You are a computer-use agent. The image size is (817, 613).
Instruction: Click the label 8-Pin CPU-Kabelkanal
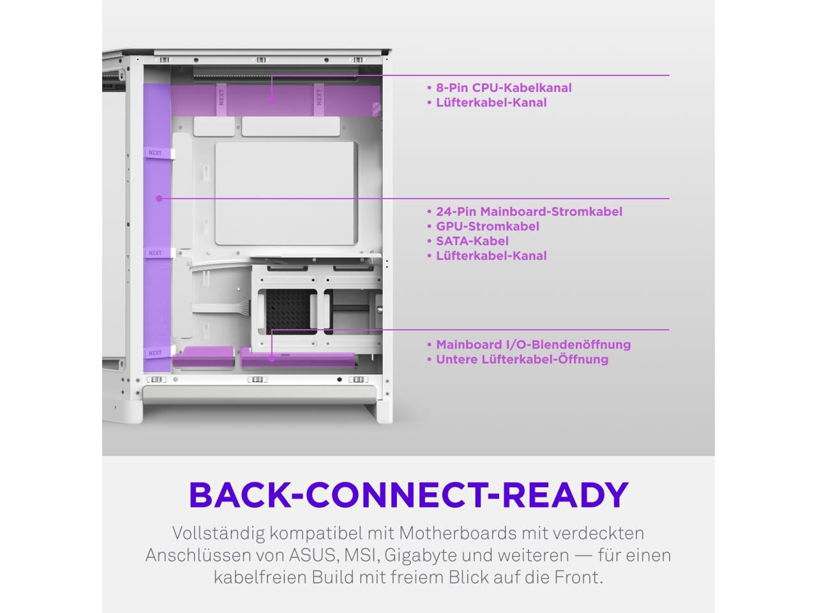tap(504, 88)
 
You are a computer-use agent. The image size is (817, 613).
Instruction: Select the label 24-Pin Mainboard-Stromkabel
tap(529, 211)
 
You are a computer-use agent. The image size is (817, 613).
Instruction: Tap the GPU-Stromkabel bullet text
tap(488, 226)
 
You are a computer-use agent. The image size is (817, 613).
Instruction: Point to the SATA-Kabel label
tap(472, 241)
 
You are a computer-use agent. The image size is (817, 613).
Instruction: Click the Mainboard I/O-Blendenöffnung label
tap(534, 344)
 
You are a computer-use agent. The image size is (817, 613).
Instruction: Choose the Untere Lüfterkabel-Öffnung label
tap(522, 359)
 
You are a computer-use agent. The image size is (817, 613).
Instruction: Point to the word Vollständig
tap(218, 534)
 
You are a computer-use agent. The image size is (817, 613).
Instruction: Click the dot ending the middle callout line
tap(160, 199)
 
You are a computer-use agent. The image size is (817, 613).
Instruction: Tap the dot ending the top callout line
tap(272, 100)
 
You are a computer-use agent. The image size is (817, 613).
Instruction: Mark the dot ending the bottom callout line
tap(272, 359)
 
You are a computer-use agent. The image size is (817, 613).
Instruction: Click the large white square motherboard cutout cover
tap(287, 193)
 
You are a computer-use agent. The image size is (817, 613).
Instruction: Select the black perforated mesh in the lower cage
tap(287, 312)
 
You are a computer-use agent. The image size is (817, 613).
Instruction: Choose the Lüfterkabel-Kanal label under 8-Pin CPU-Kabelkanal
tap(491, 102)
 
